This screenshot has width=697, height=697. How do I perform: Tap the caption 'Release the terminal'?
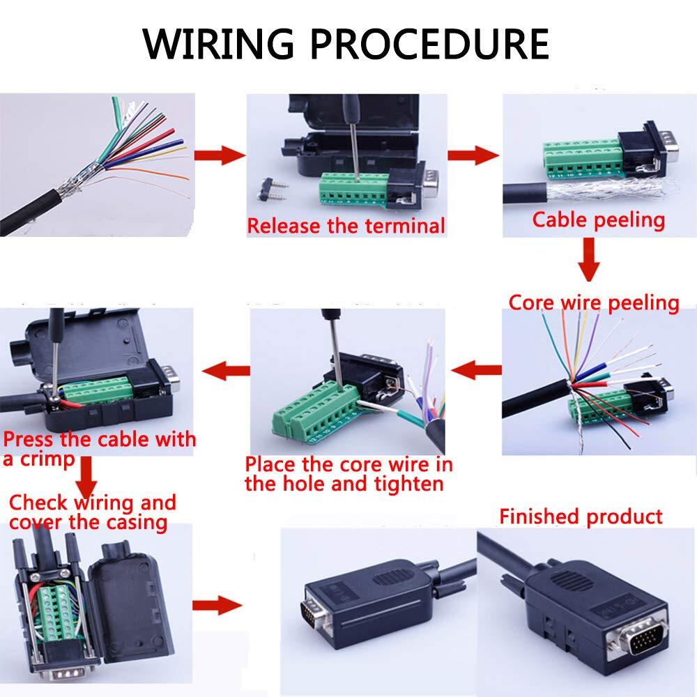(346, 226)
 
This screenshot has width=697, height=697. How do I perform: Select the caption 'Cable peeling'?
(599, 220)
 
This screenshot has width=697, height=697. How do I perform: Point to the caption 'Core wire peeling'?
(594, 303)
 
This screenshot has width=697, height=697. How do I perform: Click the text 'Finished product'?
(581, 516)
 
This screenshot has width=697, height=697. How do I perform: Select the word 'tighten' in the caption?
(406, 483)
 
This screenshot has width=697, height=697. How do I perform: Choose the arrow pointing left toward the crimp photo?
(229, 367)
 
